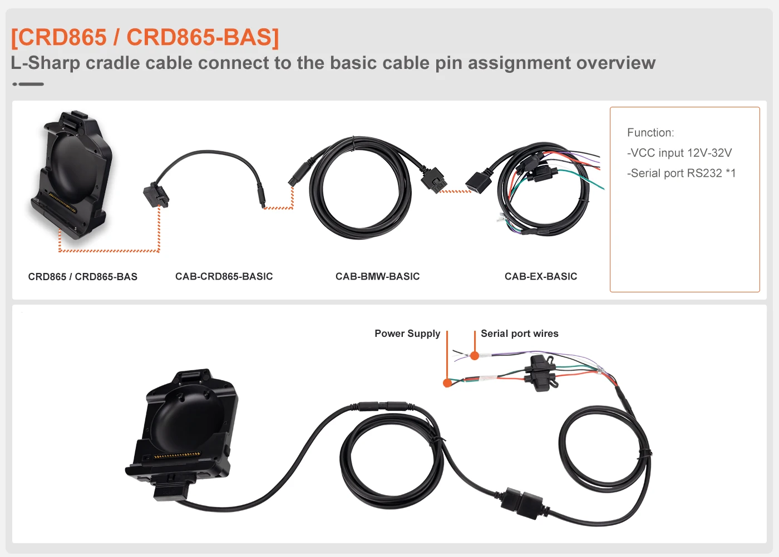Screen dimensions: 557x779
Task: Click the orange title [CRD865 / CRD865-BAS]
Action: [145, 37]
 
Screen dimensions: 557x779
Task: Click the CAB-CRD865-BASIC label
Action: [224, 276]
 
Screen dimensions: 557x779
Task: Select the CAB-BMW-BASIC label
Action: [377, 276]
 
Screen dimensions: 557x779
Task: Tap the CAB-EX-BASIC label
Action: [540, 276]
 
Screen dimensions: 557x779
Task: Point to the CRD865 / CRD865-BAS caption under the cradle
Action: [82, 277]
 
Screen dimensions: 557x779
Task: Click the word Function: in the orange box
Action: [650, 132]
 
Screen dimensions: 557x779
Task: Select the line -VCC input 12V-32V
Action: [679, 153]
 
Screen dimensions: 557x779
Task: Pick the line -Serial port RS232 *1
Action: [681, 173]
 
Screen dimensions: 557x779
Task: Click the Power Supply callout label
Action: [407, 334]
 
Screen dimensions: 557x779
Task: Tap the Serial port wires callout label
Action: [519, 334]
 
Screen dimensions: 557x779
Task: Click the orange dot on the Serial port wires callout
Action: [475, 356]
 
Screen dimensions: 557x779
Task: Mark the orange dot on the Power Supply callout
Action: [447, 383]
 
